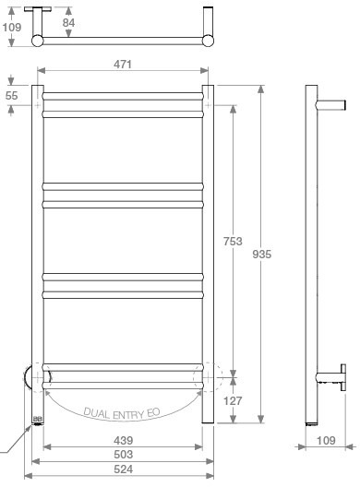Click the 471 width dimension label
(x=123, y=65)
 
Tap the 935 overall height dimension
(x=262, y=254)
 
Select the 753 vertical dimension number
(x=233, y=242)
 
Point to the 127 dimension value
(x=233, y=401)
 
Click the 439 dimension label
(x=124, y=440)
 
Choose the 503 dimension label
(x=124, y=455)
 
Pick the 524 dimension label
(x=124, y=469)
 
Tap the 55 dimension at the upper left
(x=11, y=96)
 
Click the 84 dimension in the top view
(x=68, y=23)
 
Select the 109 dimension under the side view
(x=326, y=440)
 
